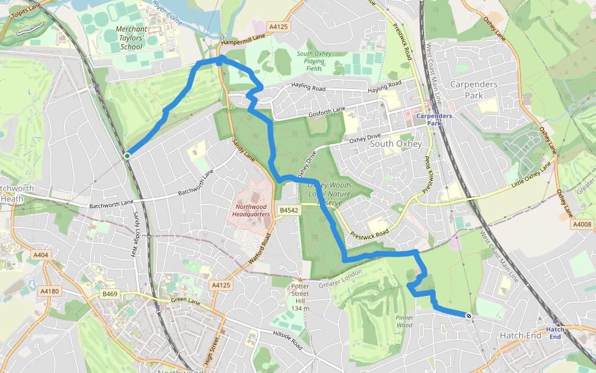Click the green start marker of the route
click(127, 155)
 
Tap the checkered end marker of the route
click(468, 316)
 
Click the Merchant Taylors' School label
click(132, 38)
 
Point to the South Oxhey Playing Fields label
click(314, 61)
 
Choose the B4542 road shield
click(289, 211)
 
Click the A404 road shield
click(41, 255)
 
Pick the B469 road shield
click(110, 293)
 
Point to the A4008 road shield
click(583, 224)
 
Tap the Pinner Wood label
click(404, 321)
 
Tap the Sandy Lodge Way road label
click(136, 233)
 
